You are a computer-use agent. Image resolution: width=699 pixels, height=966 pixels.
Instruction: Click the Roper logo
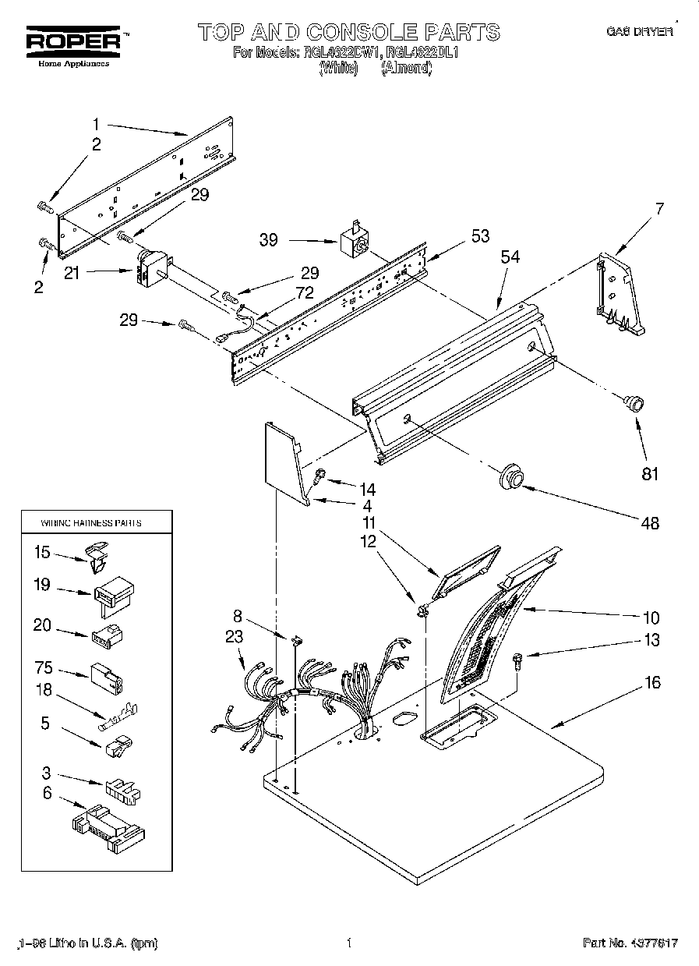tap(75, 41)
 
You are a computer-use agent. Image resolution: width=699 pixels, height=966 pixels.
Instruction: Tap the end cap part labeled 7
tap(619, 293)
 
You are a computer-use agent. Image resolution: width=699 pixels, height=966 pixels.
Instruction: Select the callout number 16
tap(652, 683)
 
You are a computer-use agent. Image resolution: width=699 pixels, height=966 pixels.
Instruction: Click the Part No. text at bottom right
tap(630, 943)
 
